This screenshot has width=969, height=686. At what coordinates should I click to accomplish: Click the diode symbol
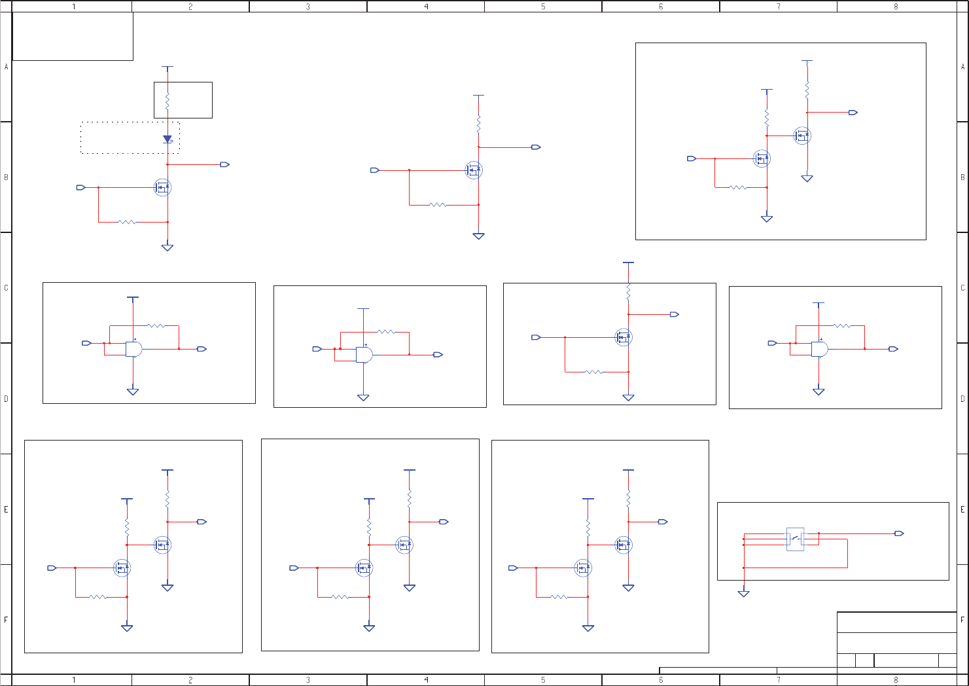pos(167,139)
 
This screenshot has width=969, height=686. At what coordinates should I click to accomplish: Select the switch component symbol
pos(795,539)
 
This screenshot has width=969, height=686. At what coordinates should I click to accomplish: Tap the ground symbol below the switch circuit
pos(743,593)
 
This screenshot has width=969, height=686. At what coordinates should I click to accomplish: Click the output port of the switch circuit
pos(899,533)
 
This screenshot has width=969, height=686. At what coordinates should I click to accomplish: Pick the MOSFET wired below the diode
pos(163,187)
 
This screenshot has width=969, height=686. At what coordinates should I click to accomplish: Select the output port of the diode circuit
pos(224,164)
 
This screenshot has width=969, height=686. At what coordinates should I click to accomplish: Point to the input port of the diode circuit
pos(80,187)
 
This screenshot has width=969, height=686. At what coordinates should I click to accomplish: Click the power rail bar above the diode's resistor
pos(167,67)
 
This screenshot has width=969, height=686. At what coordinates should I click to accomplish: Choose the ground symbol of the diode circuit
pos(167,247)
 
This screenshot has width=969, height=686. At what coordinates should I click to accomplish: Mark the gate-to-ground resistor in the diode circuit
pos(127,222)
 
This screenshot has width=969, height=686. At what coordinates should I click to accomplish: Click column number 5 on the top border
pos(543,7)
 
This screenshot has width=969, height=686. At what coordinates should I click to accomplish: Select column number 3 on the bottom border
pos(308,680)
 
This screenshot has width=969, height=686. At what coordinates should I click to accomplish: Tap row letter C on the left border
pos(7,288)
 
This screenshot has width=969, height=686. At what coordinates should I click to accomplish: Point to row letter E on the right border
pos(962,509)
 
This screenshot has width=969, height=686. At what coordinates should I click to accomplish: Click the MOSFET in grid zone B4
pos(474,170)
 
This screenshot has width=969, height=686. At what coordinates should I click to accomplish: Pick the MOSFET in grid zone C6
pos(624,337)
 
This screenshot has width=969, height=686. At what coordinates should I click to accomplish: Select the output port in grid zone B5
pos(536,147)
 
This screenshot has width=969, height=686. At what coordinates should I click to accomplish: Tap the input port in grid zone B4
pos(375,170)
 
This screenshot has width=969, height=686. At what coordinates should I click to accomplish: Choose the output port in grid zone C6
pos(675,314)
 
